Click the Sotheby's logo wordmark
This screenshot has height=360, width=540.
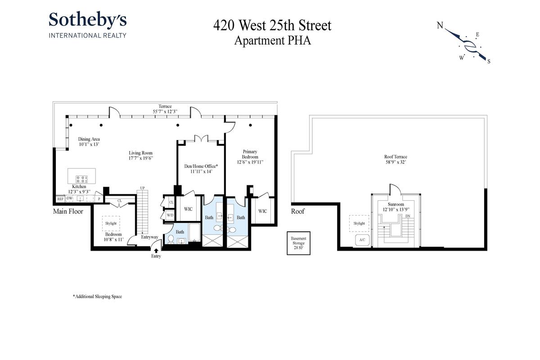coord(87,19)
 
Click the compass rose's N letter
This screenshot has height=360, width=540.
coord(440,25)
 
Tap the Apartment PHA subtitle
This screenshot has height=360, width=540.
coord(272,40)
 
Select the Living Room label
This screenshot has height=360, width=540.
coord(140,153)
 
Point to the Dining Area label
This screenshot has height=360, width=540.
coord(89,139)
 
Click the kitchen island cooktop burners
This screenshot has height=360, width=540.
coord(81,180)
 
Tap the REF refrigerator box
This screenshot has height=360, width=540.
coord(60,199)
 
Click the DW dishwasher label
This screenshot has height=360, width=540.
coord(69,198)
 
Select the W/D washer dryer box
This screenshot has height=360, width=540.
coord(170,215)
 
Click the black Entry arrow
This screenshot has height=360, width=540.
coord(156,251)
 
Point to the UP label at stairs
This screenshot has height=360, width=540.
coord(143,188)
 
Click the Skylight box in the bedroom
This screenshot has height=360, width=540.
coord(111,223)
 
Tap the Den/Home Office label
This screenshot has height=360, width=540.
coord(201,166)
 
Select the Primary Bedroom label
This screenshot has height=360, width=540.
coord(250,154)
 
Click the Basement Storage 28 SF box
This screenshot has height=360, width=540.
coord(298,243)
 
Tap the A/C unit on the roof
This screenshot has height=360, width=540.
coord(362,240)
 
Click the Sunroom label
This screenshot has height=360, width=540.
coord(396,204)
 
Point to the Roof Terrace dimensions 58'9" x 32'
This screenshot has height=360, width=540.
coord(396,162)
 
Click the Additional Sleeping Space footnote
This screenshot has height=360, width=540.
coord(98,297)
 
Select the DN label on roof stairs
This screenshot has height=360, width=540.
coord(408,216)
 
